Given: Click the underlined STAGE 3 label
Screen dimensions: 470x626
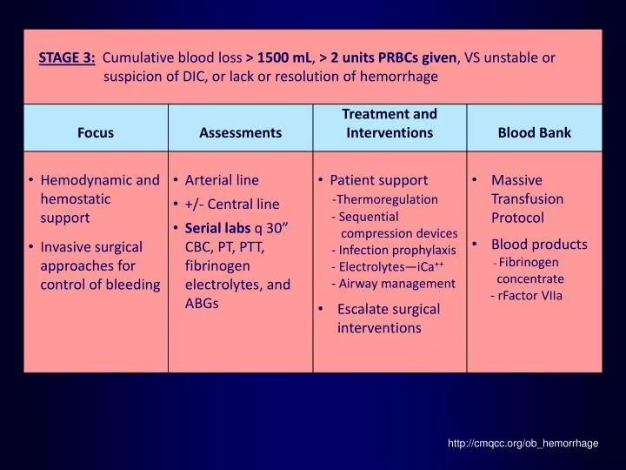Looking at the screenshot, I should pyautogui.click(x=67, y=58).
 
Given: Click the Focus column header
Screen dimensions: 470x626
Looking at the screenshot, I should pyautogui.click(x=96, y=133).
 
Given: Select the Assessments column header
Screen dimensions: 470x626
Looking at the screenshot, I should pyautogui.click(x=240, y=133).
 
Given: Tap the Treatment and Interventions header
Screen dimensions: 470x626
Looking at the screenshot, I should pyautogui.click(x=390, y=124).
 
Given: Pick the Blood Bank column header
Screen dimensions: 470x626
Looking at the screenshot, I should pyautogui.click(x=534, y=133).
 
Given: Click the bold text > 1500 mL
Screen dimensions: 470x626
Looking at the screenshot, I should pyautogui.click(x=282, y=58).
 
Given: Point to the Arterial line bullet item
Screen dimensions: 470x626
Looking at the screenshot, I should pyautogui.click(x=222, y=180).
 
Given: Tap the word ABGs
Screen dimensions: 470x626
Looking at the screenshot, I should pyautogui.click(x=202, y=303).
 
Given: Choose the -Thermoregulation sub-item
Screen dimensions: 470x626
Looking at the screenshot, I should pyautogui.click(x=385, y=199).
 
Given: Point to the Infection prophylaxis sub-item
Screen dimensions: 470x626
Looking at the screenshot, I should pyautogui.click(x=394, y=250).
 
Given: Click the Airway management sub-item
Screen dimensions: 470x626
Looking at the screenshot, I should pyautogui.click(x=393, y=284).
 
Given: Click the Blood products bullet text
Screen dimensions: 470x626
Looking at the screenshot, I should pyautogui.click(x=539, y=245).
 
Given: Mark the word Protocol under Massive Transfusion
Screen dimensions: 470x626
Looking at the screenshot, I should pyautogui.click(x=517, y=218).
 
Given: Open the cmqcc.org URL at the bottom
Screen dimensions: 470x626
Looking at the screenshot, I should pyautogui.click(x=523, y=443).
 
